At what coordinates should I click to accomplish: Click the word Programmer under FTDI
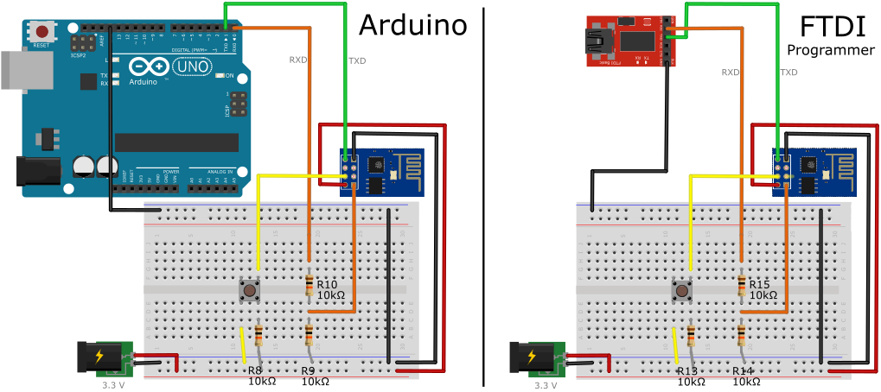(x=830, y=51)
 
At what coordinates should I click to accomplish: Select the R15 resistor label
(x=760, y=284)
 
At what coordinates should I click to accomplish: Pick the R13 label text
(x=688, y=370)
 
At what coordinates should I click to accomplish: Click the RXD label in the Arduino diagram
(x=298, y=60)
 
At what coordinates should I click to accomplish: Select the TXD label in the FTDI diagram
(x=788, y=73)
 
